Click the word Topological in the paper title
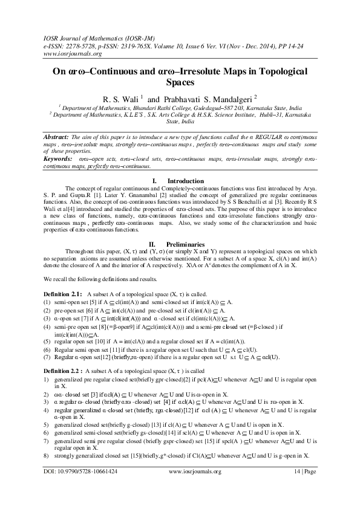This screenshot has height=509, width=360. tap(281, 71)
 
